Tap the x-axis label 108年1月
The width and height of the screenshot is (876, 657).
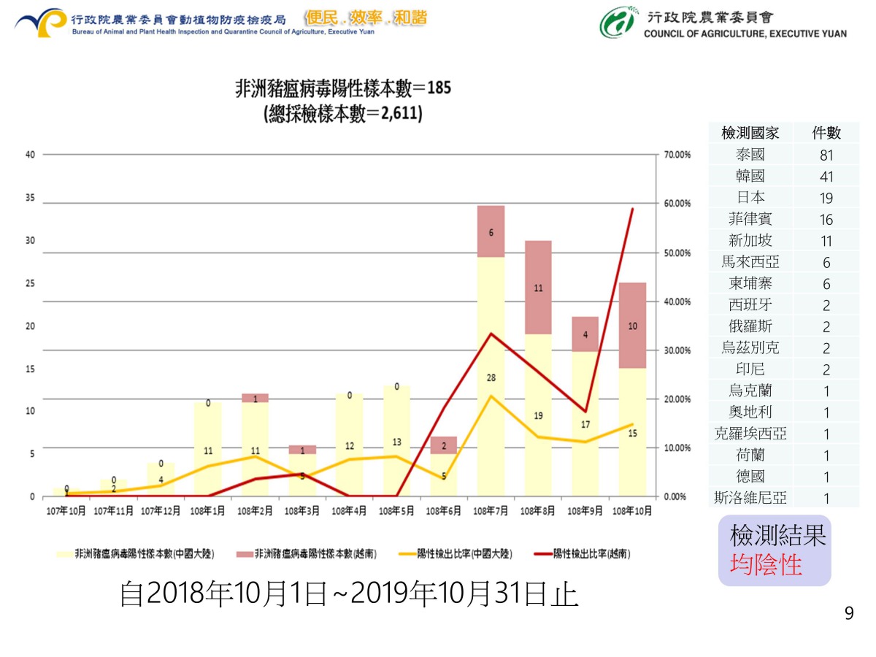208,511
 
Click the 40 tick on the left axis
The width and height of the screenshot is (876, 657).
29,155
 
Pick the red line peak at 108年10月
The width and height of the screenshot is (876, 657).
632,209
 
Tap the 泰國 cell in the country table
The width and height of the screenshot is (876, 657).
750,155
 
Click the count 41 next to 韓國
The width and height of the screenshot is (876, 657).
826,177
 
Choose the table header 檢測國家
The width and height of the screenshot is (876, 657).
750,133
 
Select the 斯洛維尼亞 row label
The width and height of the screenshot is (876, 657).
750,499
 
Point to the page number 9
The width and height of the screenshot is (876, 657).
849,614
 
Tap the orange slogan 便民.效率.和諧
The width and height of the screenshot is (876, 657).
366,18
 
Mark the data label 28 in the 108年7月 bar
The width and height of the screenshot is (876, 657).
491,377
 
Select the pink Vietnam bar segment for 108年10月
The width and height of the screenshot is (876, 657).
632,325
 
